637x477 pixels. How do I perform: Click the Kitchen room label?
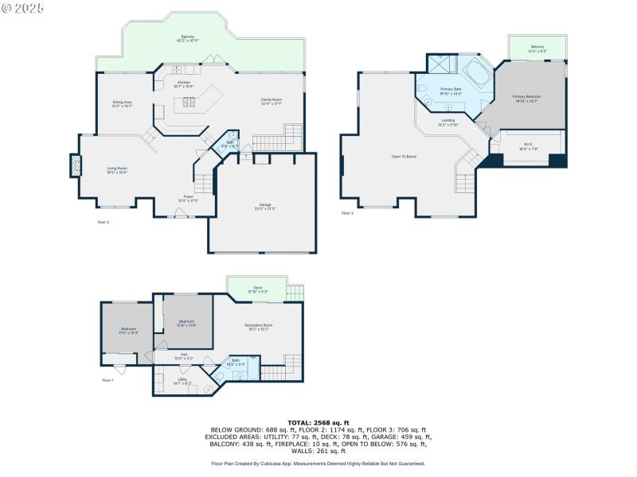[184, 83]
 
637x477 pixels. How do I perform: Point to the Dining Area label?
[122, 103]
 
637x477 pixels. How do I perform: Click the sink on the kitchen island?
[190, 101]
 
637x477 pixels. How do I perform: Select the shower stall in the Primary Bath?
[439, 64]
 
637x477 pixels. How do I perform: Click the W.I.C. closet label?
[529, 147]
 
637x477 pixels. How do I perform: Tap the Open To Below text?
[404, 157]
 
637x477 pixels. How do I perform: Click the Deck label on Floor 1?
[257, 289]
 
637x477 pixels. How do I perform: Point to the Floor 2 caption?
[103, 222]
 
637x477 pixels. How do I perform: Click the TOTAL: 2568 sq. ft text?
[318, 423]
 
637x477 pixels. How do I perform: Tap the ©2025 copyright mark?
[23, 7]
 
